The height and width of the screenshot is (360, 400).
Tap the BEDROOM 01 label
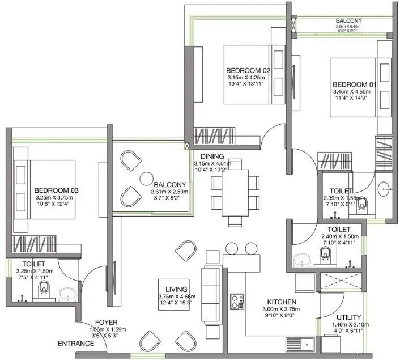(x=354, y=84)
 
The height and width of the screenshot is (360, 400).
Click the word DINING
(x=211, y=156)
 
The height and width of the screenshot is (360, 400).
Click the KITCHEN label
(x=285, y=302)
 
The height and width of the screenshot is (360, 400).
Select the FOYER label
(x=106, y=321)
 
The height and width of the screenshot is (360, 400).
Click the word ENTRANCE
(x=75, y=344)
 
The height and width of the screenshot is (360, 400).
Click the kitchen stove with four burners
(x=236, y=301)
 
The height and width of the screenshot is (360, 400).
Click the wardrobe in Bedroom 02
(x=214, y=137)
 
